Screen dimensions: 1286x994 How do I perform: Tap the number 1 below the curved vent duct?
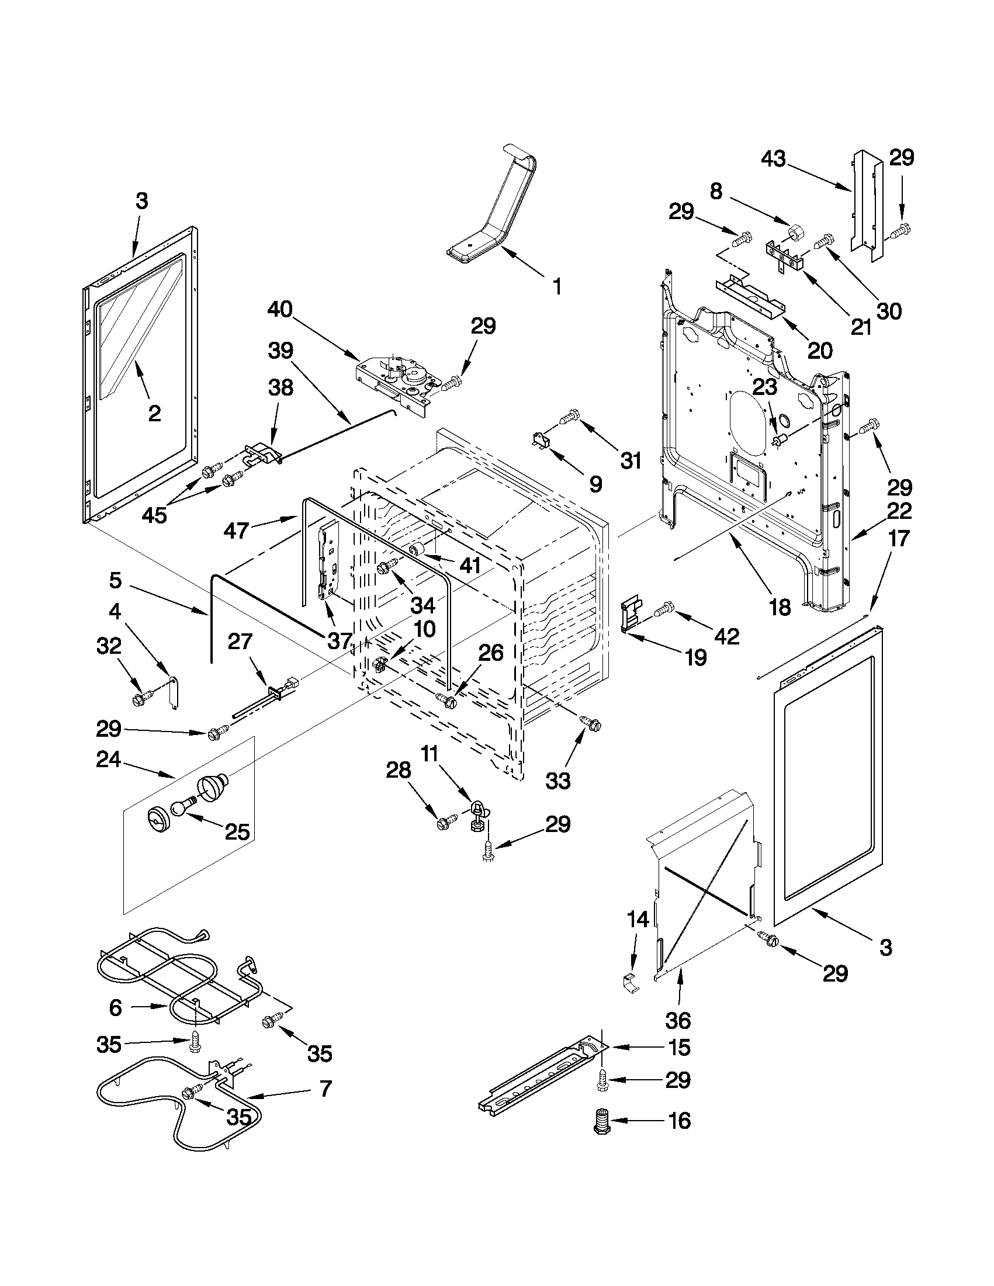[x=557, y=287]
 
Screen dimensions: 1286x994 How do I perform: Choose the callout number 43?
[x=773, y=158]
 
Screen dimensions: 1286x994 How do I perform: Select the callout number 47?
[x=237, y=531]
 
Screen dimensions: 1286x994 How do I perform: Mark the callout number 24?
[x=109, y=760]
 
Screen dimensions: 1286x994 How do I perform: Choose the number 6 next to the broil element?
[x=116, y=1007]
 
